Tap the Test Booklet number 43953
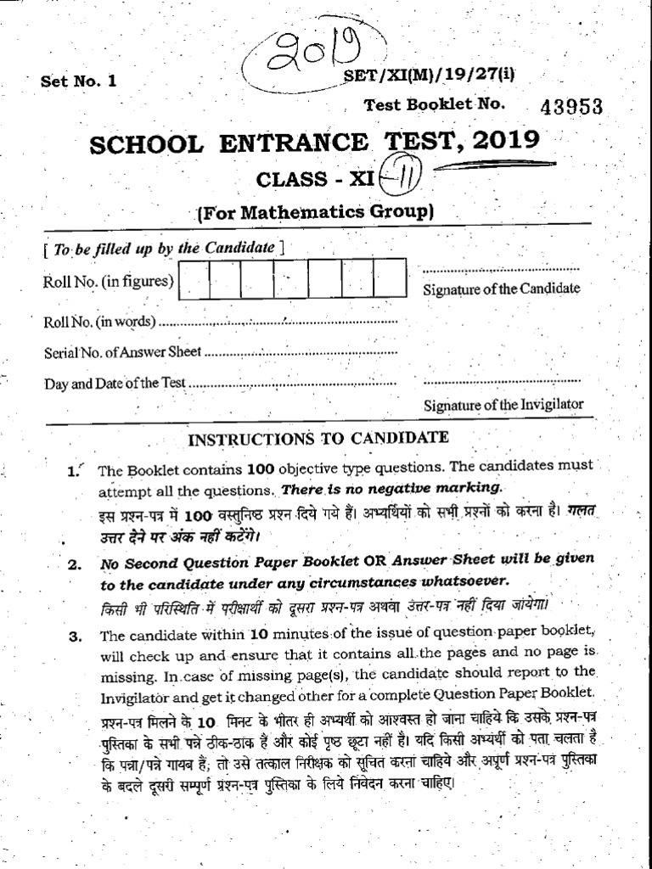(570, 106)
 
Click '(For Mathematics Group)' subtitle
(316, 213)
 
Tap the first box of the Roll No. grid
(195, 280)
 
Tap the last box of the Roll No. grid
(390, 280)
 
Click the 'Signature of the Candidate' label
(502, 289)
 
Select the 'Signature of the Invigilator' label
(503, 405)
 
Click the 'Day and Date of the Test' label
(115, 384)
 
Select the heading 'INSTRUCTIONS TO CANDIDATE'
(318, 439)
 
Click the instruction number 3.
(75, 635)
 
